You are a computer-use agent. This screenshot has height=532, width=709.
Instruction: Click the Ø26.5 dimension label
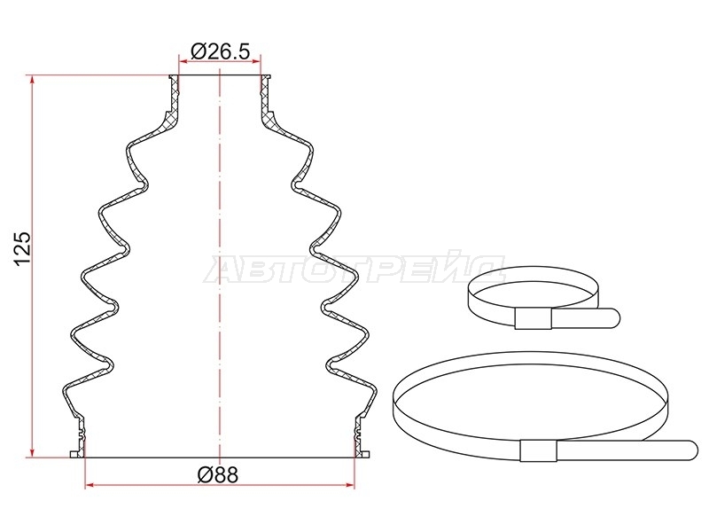coord(220,51)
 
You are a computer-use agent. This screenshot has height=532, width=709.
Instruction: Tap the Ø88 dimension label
coord(217,474)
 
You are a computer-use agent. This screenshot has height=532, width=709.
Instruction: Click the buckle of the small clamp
coord(534,318)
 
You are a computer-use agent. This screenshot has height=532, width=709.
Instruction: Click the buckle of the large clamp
coord(538,450)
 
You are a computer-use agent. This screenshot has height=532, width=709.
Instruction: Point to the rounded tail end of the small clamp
coord(614,317)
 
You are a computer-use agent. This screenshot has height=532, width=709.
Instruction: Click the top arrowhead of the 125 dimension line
coord(32,80)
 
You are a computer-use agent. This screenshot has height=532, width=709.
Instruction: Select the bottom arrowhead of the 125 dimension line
coord(32,451)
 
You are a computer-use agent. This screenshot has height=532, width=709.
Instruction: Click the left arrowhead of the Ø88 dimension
coord(90,485)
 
